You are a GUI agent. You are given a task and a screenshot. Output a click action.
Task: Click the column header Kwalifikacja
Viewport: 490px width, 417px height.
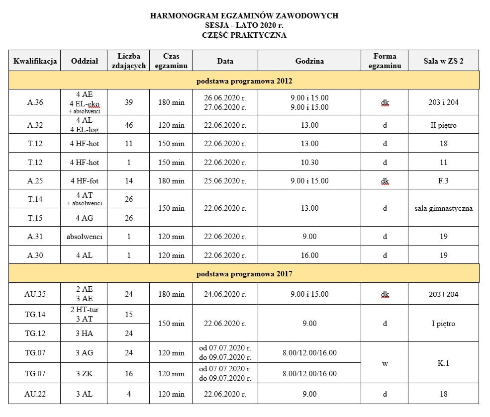(x=35, y=61)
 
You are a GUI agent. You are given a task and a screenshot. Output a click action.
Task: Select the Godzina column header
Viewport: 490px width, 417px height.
(x=309, y=61)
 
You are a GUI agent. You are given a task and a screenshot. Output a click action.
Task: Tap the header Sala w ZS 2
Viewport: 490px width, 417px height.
(x=443, y=61)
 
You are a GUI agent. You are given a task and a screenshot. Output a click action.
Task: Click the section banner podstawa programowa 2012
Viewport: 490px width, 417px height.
(x=244, y=81)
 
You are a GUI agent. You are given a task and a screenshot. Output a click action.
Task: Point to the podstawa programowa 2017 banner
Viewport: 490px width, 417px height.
(x=244, y=273)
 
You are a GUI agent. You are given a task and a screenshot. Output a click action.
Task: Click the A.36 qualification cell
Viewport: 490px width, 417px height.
(x=35, y=102)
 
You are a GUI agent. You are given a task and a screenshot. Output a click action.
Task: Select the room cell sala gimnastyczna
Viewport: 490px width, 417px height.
(x=443, y=208)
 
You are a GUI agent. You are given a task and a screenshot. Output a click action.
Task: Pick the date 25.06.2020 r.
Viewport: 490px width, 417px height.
(x=225, y=181)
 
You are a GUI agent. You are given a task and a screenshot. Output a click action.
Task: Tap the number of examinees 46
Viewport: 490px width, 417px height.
(x=129, y=125)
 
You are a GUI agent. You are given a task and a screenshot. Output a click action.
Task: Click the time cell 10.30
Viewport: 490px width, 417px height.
(x=309, y=163)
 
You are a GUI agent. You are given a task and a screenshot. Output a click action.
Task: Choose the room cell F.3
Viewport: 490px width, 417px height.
(x=443, y=181)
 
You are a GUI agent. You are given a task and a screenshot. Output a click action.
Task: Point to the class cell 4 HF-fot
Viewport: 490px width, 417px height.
(x=84, y=181)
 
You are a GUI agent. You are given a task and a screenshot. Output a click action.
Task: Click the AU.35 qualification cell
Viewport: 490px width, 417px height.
(x=35, y=294)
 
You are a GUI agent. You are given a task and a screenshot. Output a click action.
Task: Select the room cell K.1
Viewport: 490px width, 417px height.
(x=443, y=363)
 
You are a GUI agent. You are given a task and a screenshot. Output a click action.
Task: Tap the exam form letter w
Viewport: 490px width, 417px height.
(x=385, y=363)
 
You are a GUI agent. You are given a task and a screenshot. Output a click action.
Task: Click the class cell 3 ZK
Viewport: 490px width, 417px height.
(x=84, y=374)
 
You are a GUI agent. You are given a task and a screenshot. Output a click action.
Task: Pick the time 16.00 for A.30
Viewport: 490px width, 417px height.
(x=309, y=255)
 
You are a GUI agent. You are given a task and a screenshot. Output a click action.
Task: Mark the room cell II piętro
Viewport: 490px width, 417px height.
(x=443, y=125)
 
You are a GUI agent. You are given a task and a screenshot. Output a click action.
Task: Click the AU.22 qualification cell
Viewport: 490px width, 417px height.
(x=35, y=394)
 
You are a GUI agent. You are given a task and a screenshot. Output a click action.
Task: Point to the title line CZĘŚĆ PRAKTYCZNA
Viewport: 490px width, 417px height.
(x=244, y=35)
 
